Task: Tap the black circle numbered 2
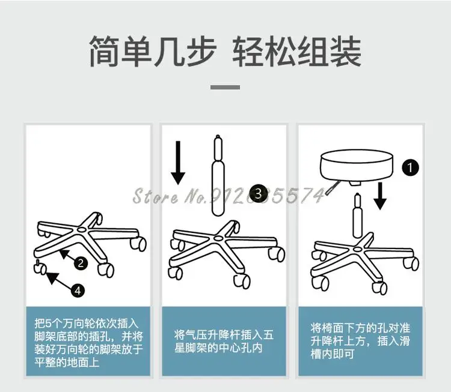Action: [x=81, y=262]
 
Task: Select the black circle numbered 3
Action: [x=259, y=193]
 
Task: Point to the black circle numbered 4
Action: [x=78, y=290]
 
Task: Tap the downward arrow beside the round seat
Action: [x=379, y=197]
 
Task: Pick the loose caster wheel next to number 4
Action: [x=40, y=266]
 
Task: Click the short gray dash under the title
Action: [x=226, y=87]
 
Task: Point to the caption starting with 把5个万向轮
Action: [x=88, y=341]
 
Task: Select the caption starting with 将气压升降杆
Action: [x=224, y=342]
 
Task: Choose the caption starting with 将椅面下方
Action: [x=360, y=341]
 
